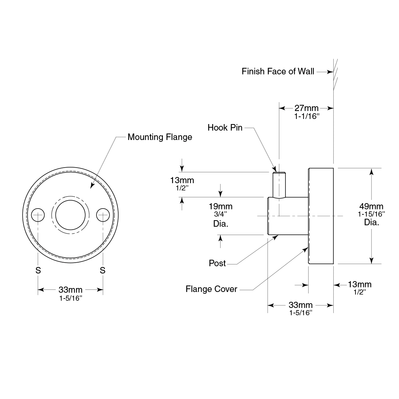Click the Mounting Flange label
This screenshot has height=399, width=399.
(160, 137)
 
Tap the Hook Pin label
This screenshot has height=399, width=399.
(225, 128)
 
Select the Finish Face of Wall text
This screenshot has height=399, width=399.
(278, 71)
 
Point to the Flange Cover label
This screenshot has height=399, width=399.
(211, 289)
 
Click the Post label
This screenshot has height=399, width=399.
(217, 263)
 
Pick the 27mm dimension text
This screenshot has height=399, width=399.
(306, 108)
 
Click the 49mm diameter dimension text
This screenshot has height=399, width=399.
(371, 207)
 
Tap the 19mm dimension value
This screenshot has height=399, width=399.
(221, 206)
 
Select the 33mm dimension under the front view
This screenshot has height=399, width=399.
(70, 290)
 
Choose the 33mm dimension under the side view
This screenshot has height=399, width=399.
(300, 305)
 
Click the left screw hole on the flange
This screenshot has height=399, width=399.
(38, 215)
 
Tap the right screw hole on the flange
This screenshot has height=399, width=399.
(103, 215)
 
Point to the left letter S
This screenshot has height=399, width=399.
(38, 270)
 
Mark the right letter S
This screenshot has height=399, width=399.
(103, 270)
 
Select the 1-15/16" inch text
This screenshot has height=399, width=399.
(371, 214)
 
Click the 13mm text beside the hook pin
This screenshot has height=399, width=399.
(182, 180)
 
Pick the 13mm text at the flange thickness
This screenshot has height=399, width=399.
(359, 284)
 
